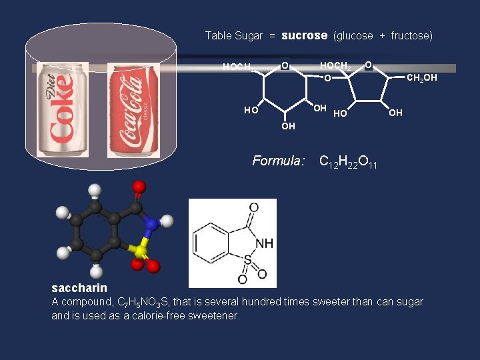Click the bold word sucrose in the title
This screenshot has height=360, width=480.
[305, 35]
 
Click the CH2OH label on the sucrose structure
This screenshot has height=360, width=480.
[421, 79]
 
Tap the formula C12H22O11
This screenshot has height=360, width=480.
[348, 161]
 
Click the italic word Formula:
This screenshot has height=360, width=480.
[279, 161]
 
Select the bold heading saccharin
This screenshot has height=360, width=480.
[79, 288]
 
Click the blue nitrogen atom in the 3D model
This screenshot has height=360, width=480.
[151, 225]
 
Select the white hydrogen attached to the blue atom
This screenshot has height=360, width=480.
[167, 220]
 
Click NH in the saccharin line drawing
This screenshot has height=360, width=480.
[264, 243]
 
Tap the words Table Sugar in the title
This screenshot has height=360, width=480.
[233, 36]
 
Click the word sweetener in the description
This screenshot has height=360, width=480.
[215, 315]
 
